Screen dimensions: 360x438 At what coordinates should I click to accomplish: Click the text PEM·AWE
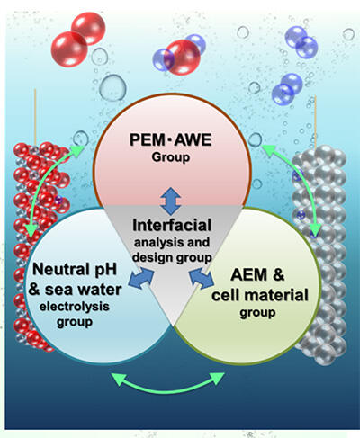point(170,140)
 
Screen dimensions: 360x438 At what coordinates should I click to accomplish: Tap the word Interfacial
point(172,225)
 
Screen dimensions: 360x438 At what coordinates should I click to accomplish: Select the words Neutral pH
point(75,269)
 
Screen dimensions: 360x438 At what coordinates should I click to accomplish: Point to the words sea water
point(83,290)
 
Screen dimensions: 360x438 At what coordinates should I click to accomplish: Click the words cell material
point(260,295)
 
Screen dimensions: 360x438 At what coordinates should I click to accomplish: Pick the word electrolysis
point(75,307)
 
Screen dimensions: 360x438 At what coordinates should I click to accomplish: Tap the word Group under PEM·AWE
point(171,157)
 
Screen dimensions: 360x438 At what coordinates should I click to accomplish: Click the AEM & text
point(257,274)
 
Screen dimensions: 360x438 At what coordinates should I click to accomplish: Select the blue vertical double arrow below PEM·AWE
point(170,201)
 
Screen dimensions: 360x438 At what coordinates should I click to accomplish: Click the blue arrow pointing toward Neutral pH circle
point(141,278)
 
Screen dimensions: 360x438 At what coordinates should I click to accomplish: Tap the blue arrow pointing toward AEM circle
point(202,278)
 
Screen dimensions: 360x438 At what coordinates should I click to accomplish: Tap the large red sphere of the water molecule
point(182,57)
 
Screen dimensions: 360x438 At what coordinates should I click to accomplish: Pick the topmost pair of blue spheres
point(301,41)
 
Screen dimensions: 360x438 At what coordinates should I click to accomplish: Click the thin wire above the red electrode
point(35,117)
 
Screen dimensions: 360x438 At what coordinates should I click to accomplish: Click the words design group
point(172,257)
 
